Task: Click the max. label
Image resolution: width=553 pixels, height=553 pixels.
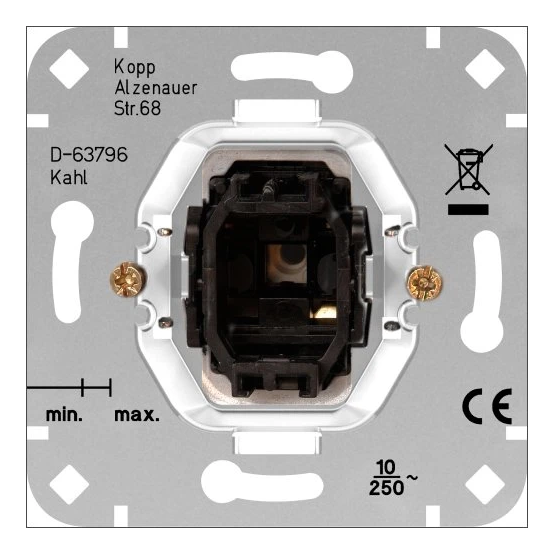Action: (137, 414)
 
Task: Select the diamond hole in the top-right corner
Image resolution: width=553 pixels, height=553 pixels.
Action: (486, 67)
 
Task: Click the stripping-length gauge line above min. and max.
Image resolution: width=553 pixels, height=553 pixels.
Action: (70, 384)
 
